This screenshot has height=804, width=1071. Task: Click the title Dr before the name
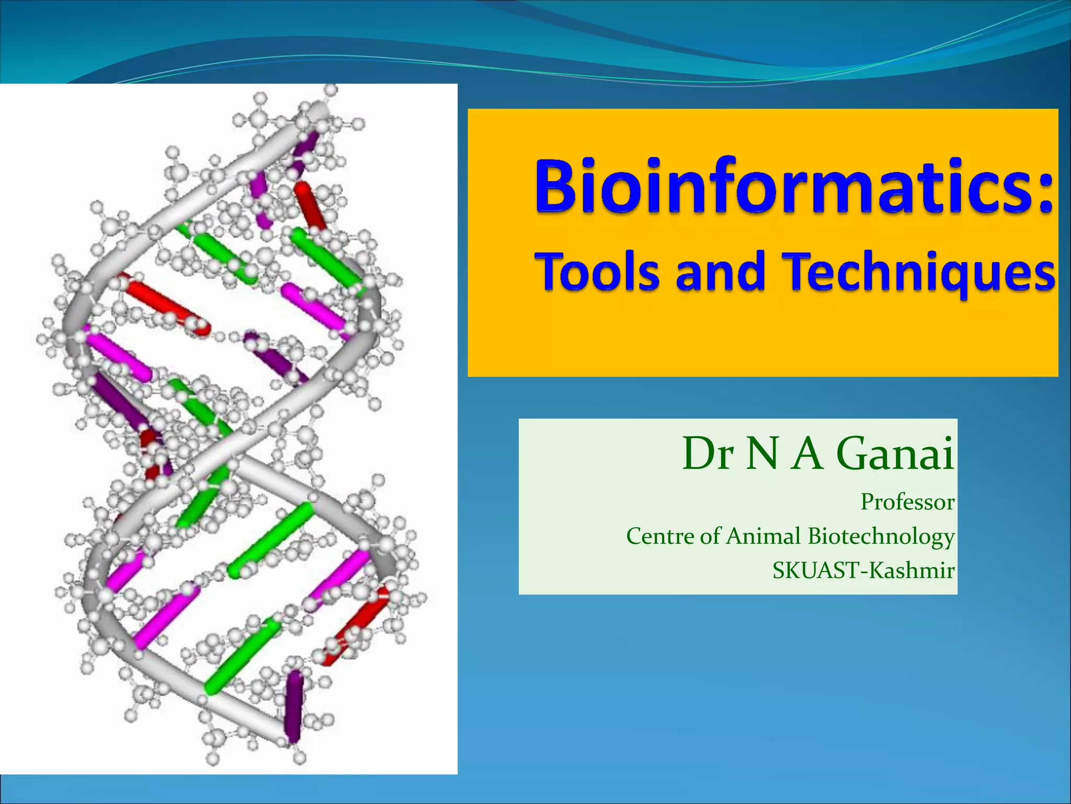(x=708, y=453)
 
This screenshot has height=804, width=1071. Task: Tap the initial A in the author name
(x=808, y=453)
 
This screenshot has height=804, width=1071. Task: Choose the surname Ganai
(x=895, y=453)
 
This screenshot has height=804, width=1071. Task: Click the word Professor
(x=907, y=502)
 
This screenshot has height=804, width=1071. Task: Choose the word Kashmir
(x=912, y=570)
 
